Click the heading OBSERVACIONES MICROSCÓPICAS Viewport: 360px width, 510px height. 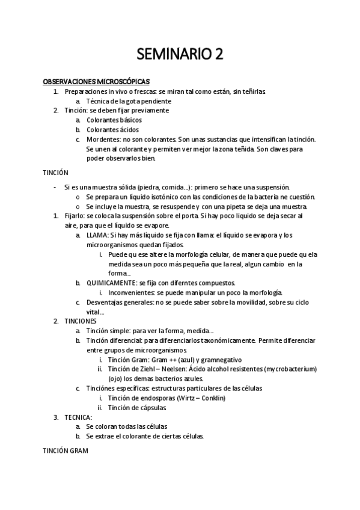(96, 81)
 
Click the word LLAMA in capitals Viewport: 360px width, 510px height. (98, 235)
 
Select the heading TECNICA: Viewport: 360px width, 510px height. (78, 417)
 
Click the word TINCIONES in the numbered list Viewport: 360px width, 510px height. (81, 321)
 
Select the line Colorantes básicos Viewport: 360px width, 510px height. (114, 120)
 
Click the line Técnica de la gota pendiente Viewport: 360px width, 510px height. (129, 100)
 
